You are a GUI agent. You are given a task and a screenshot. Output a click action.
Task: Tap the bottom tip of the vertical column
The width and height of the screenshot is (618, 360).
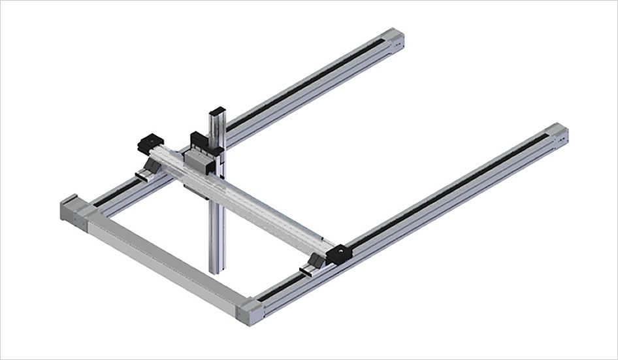click(217, 270)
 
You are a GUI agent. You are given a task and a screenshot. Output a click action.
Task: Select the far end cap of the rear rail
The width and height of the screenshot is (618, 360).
click(396, 39)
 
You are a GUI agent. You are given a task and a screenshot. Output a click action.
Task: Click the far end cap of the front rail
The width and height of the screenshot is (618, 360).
click(558, 135)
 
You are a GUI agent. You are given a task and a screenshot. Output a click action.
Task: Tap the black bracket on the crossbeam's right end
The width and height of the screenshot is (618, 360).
click(339, 255)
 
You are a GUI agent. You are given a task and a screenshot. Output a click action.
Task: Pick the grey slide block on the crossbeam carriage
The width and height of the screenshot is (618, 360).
click(196, 160)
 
